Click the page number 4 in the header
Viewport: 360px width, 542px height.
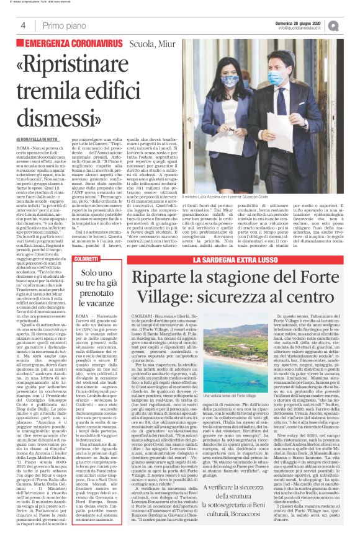pyautogui.click(x=23, y=25)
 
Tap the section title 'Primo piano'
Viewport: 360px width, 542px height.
pyautogui.click(x=62, y=25)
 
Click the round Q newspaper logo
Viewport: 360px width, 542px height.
pyautogui.click(x=349, y=24)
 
